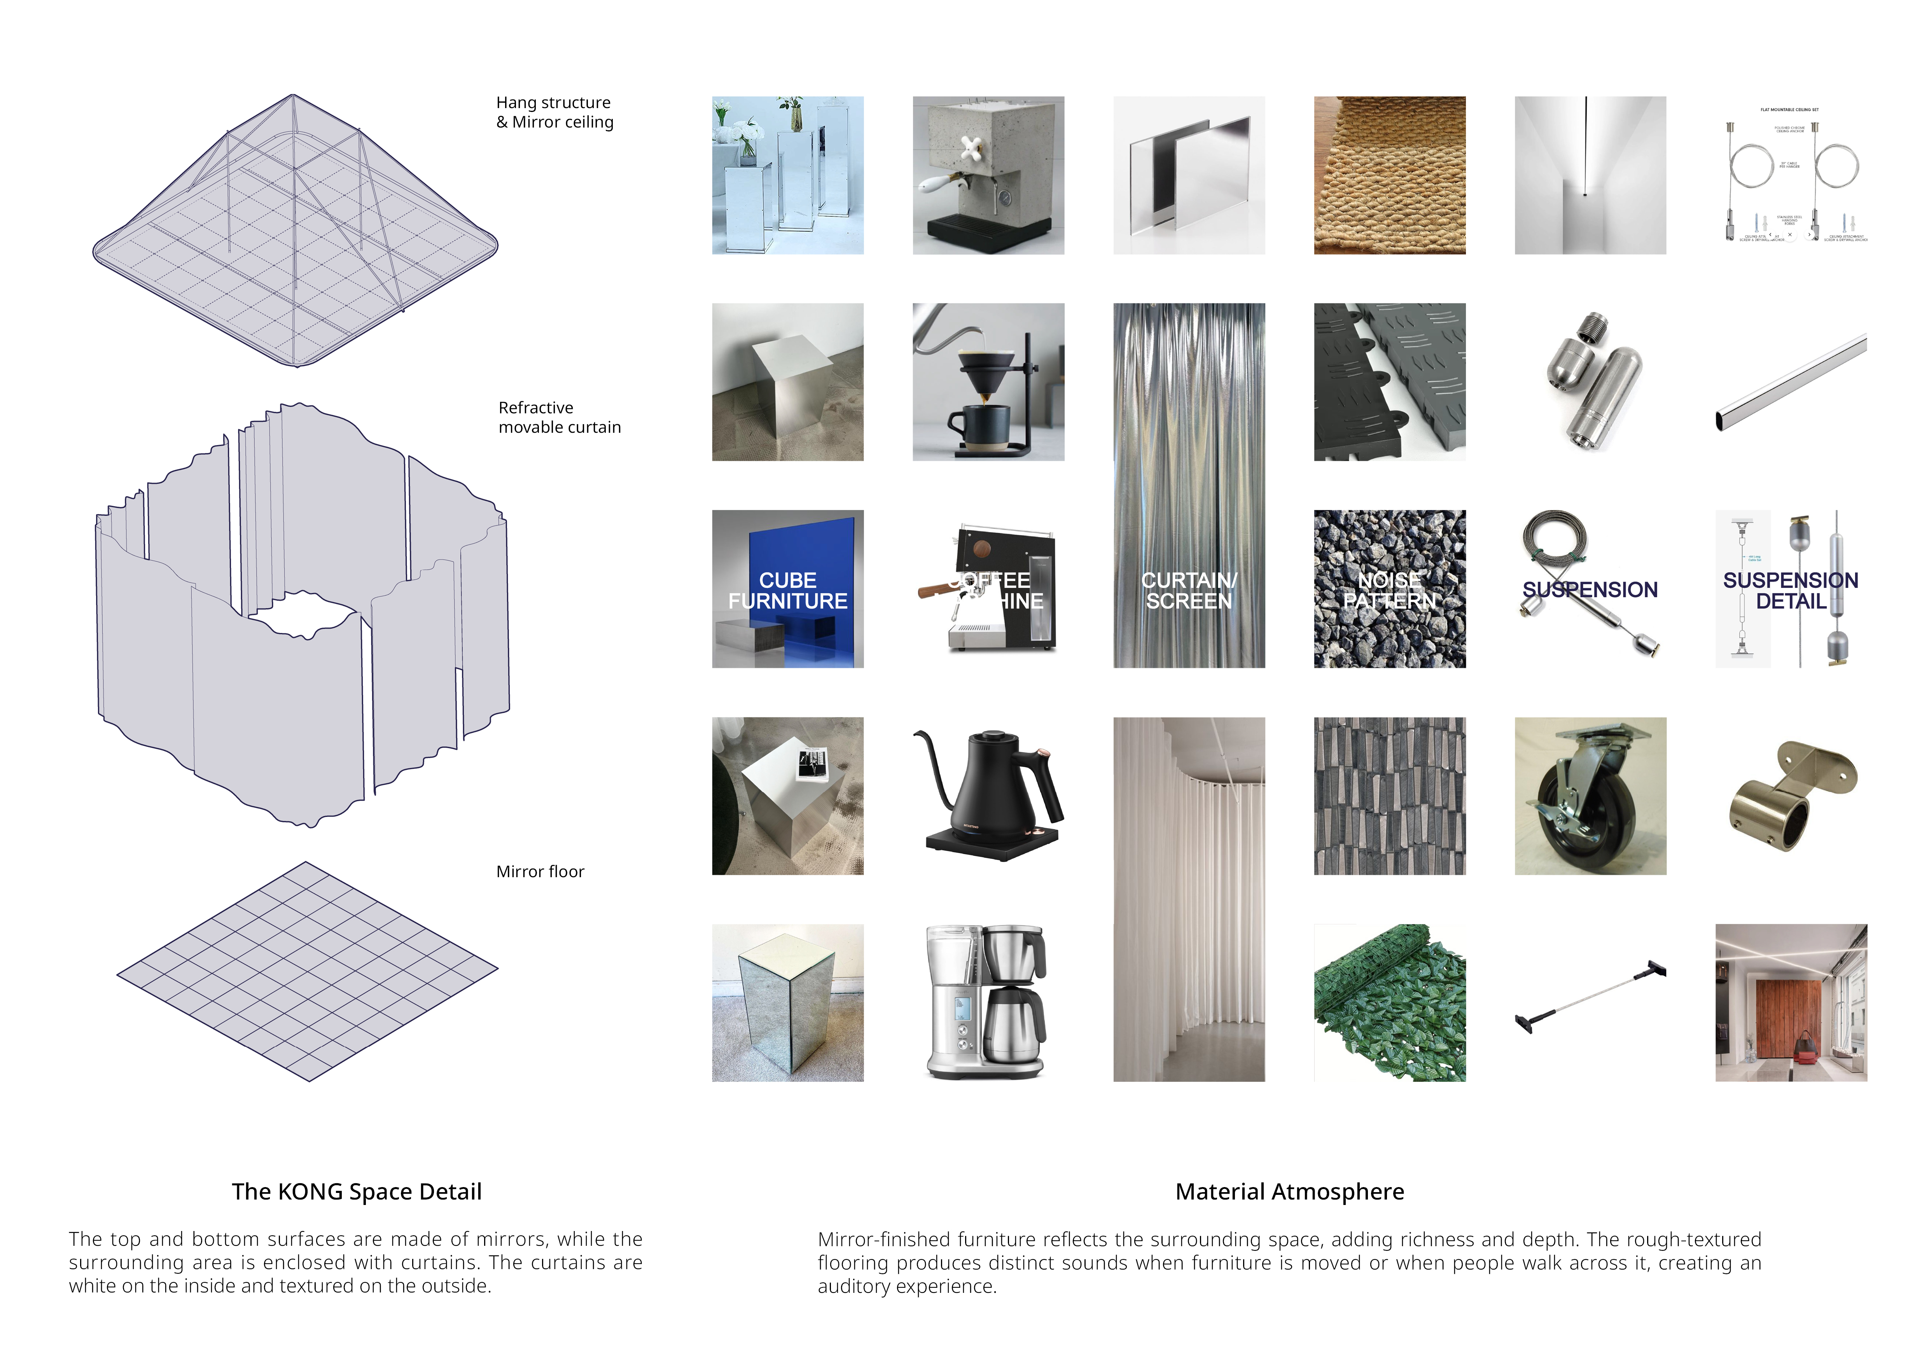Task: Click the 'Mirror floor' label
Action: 539,872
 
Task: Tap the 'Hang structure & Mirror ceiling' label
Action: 554,112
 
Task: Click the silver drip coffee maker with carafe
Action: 988,1003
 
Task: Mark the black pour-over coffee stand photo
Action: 988,382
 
